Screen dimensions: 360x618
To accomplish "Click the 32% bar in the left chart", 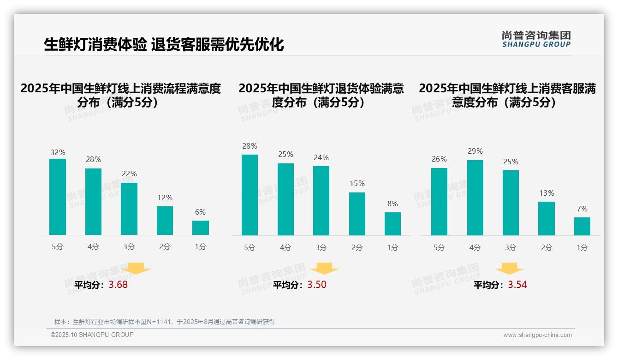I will pos(58,197).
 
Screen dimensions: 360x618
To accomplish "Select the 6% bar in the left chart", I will pos(201,228).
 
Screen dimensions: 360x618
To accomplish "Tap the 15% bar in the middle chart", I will pos(357,214).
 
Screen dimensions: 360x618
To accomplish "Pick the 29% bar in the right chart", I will pos(475,198).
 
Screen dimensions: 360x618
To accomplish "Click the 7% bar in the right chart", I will pos(582,226).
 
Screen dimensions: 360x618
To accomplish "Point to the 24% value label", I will pos(321,158).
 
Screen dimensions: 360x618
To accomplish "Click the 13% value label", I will pos(547,193).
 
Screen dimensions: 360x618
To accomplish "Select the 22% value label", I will pos(129,174).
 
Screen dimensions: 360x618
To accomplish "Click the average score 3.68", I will pos(118,285).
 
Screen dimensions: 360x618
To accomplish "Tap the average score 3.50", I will pos(317,285).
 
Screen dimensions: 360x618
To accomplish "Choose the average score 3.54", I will pos(517,285).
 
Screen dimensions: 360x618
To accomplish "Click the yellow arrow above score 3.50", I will pos(324,269).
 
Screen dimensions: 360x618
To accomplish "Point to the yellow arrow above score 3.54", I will pos(509,269).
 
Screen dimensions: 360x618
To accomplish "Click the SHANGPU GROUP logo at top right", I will pos(536,39).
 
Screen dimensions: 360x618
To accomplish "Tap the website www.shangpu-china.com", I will pos(537,335).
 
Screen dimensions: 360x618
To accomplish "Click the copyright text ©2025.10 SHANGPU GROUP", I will pos(92,335).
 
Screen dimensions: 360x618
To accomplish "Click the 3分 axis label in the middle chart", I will pos(321,247).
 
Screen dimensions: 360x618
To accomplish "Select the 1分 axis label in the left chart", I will pos(201,247).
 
